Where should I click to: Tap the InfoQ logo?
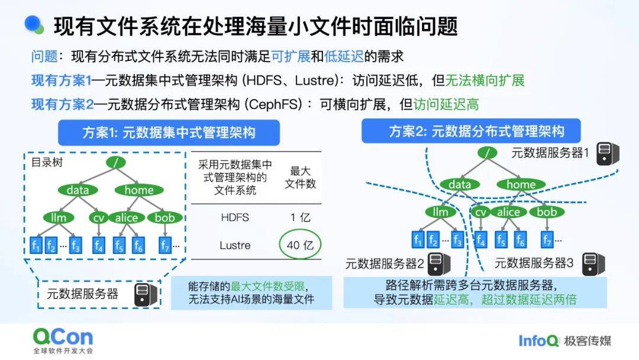tap(538, 340)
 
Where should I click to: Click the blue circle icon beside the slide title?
tap(35, 24)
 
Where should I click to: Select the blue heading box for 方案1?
tap(160, 131)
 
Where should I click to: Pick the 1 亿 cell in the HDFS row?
tap(301, 217)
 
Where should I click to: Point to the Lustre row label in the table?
tap(235, 245)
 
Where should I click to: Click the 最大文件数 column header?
tap(301, 177)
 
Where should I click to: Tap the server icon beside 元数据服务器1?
tap(608, 153)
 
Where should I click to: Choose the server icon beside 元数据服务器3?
tap(593, 263)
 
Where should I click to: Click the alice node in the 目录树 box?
tap(126, 218)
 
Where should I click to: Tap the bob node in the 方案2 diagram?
tap(547, 212)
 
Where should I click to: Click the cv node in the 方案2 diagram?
tap(480, 212)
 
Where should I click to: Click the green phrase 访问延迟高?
tap(446, 105)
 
